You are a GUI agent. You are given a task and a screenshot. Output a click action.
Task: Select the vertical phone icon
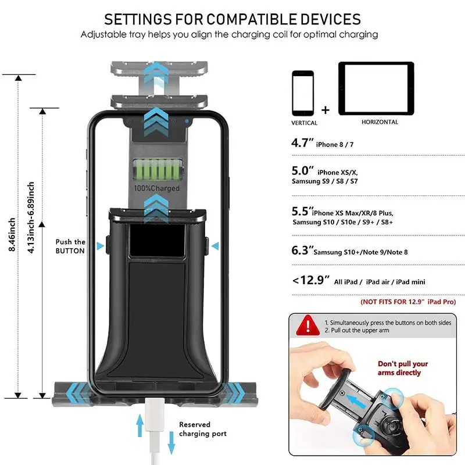pyautogui.click(x=303, y=94)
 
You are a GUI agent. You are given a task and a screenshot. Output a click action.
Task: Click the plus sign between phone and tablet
pyautogui.click(x=325, y=110)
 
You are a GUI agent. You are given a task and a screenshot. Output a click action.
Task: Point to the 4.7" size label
pyautogui.click(x=302, y=143)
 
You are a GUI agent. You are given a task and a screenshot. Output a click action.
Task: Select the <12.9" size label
pyautogui.click(x=310, y=281)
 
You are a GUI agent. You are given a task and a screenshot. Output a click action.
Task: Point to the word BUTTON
pyautogui.click(x=70, y=251)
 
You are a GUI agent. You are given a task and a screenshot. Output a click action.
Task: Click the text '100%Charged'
pyautogui.click(x=157, y=188)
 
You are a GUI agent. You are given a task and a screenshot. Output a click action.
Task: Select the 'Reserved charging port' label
pyautogui.click(x=202, y=429)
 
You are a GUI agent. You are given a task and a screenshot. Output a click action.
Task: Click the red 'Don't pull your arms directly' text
pyautogui.click(x=403, y=368)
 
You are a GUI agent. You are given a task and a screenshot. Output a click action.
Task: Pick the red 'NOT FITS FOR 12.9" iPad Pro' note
pyautogui.click(x=408, y=302)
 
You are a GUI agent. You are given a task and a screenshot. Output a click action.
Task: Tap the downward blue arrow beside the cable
pyautogui.click(x=171, y=444)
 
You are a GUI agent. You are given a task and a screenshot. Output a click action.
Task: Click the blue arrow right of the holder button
pyautogui.click(x=216, y=246)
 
